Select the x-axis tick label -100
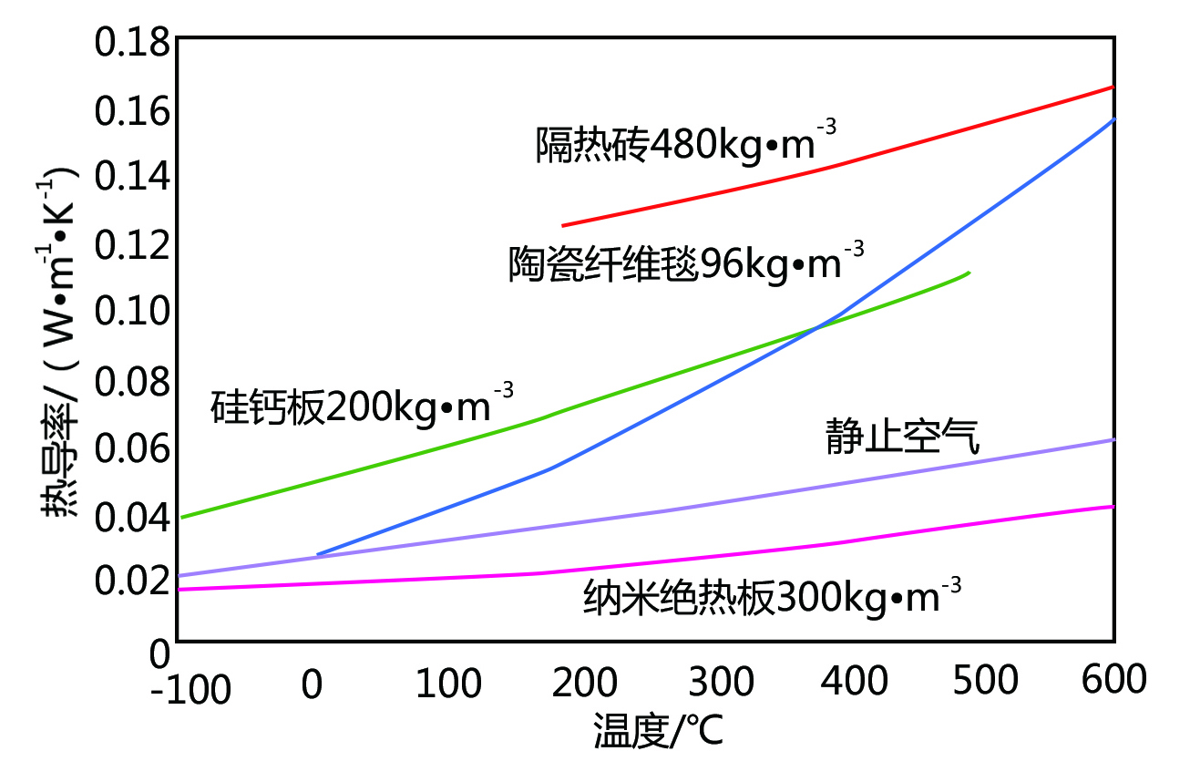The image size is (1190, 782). [x=191, y=690]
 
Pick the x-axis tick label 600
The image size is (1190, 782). [x=1114, y=681]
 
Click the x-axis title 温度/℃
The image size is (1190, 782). [x=659, y=731]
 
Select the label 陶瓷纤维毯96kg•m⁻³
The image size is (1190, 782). [x=685, y=263]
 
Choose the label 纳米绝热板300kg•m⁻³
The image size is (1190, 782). [x=773, y=599]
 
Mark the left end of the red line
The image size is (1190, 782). [x=563, y=225]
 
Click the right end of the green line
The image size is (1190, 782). [x=969, y=273]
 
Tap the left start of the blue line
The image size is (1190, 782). [x=317, y=554]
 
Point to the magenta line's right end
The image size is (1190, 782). [x=1113, y=506]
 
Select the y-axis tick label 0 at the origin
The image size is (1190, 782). [x=159, y=653]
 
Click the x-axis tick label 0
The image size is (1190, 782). [x=313, y=681]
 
